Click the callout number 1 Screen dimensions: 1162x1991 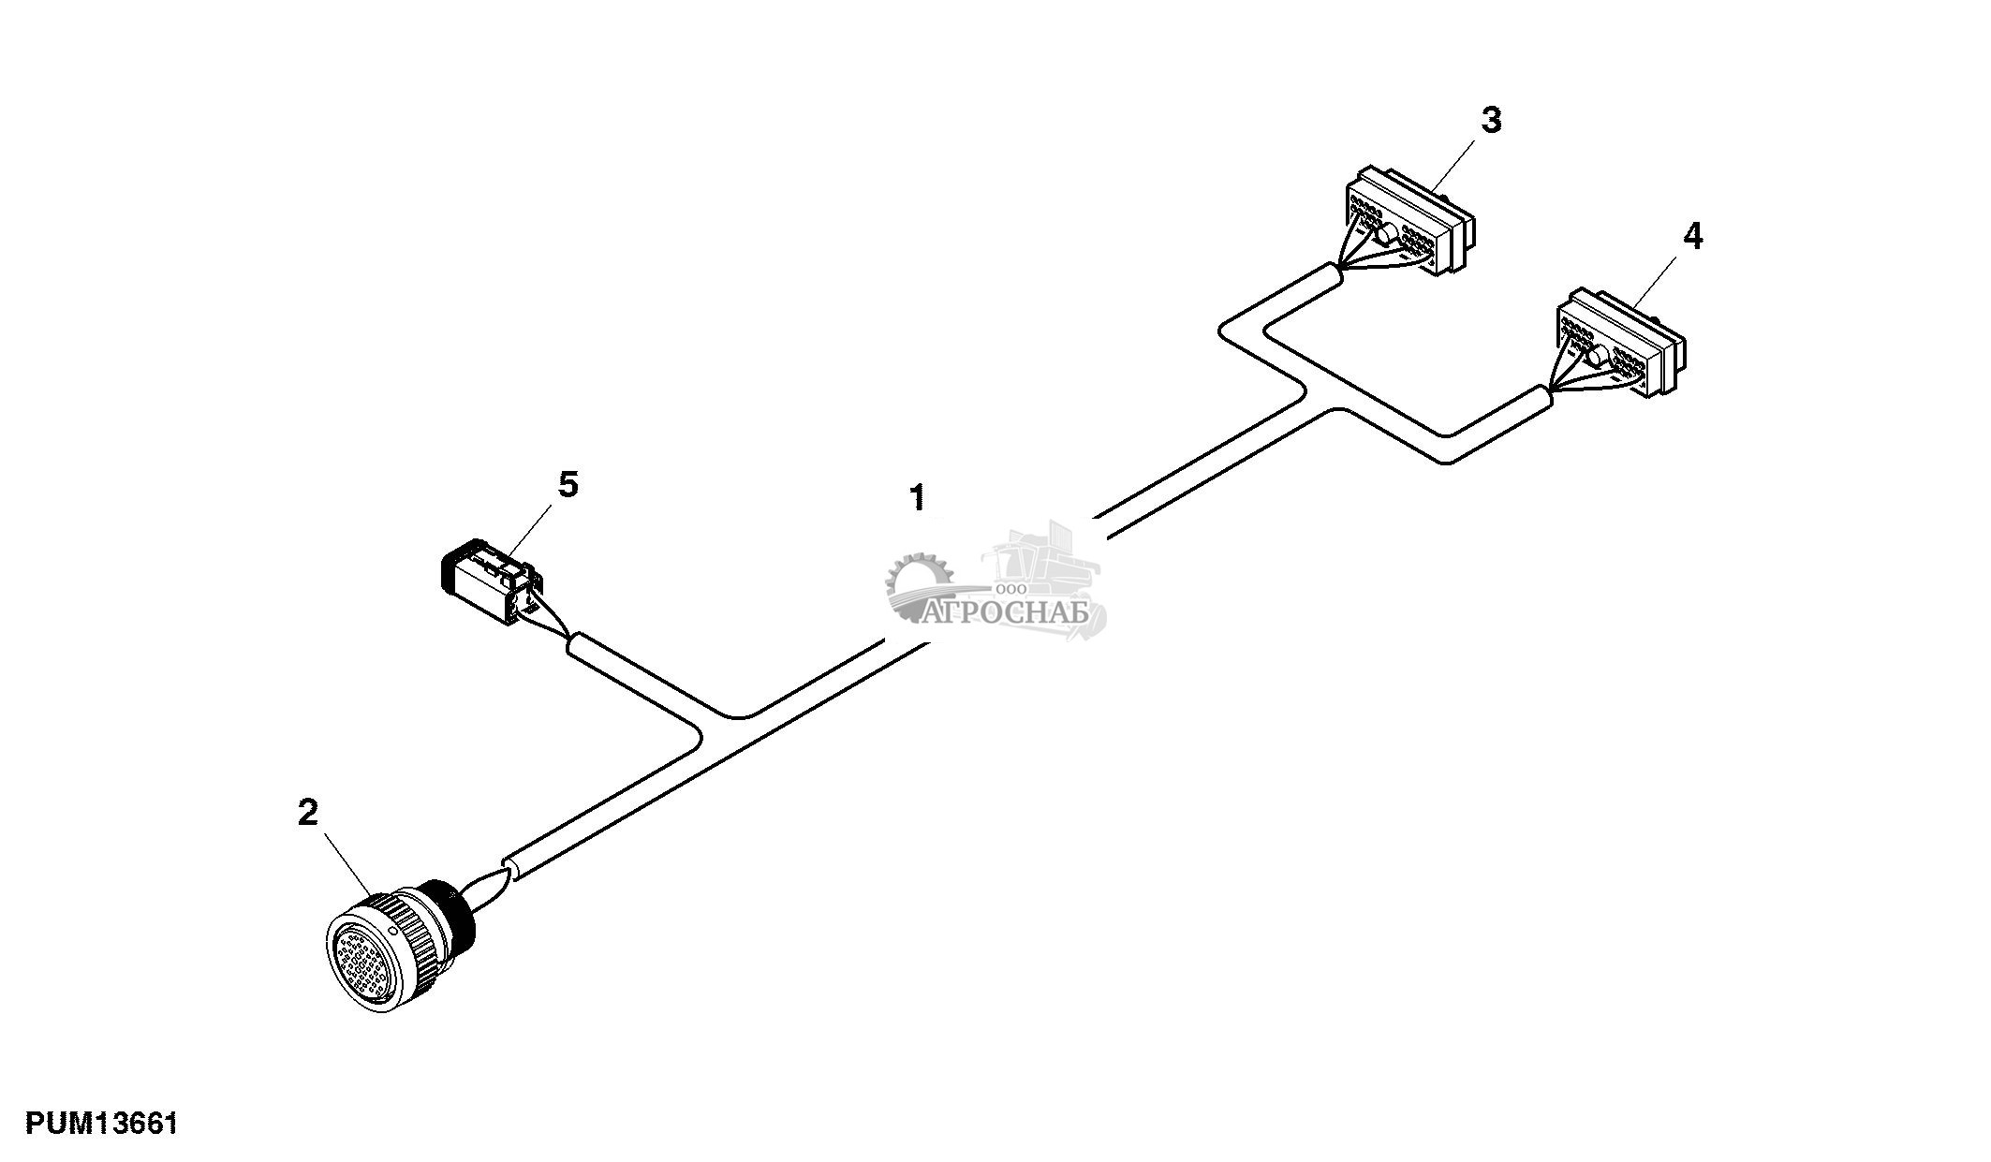click(918, 497)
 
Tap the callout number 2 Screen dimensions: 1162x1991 click(307, 812)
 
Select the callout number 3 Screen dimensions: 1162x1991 click(1491, 120)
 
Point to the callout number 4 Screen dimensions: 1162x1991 click(1692, 237)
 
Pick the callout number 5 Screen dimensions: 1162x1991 click(568, 485)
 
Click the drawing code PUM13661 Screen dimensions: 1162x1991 click(101, 1123)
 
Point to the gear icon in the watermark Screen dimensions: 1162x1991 click(918, 584)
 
